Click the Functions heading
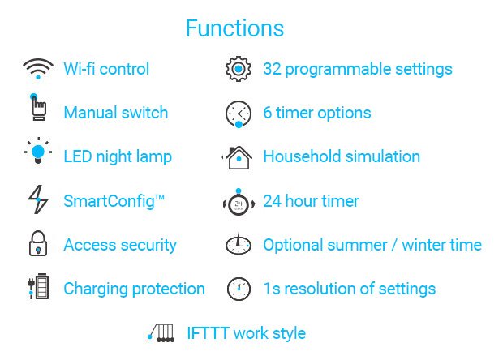click(234, 28)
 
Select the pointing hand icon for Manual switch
click(38, 107)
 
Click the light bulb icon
click(38, 151)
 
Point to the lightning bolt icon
click(38, 199)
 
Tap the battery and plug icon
click(38, 286)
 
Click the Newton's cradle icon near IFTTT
click(161, 333)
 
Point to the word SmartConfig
click(109, 201)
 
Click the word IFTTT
click(208, 333)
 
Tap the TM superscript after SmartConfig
click(160, 197)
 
